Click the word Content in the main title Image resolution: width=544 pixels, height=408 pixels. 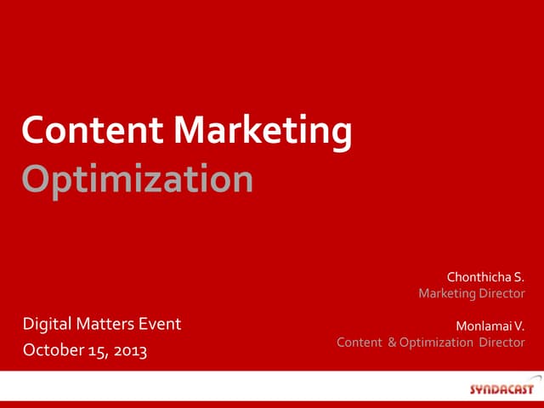(93, 131)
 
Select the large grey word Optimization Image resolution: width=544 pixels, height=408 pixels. (137, 179)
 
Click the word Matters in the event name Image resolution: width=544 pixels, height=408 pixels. (106, 323)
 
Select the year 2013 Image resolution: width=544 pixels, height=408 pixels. (129, 350)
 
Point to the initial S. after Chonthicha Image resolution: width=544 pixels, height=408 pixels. (518, 276)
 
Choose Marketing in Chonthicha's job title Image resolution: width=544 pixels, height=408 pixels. (448, 294)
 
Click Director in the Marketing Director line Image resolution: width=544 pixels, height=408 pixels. (502, 294)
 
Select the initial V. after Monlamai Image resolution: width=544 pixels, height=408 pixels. (519, 325)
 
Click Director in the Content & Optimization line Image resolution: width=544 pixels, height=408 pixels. (502, 343)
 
